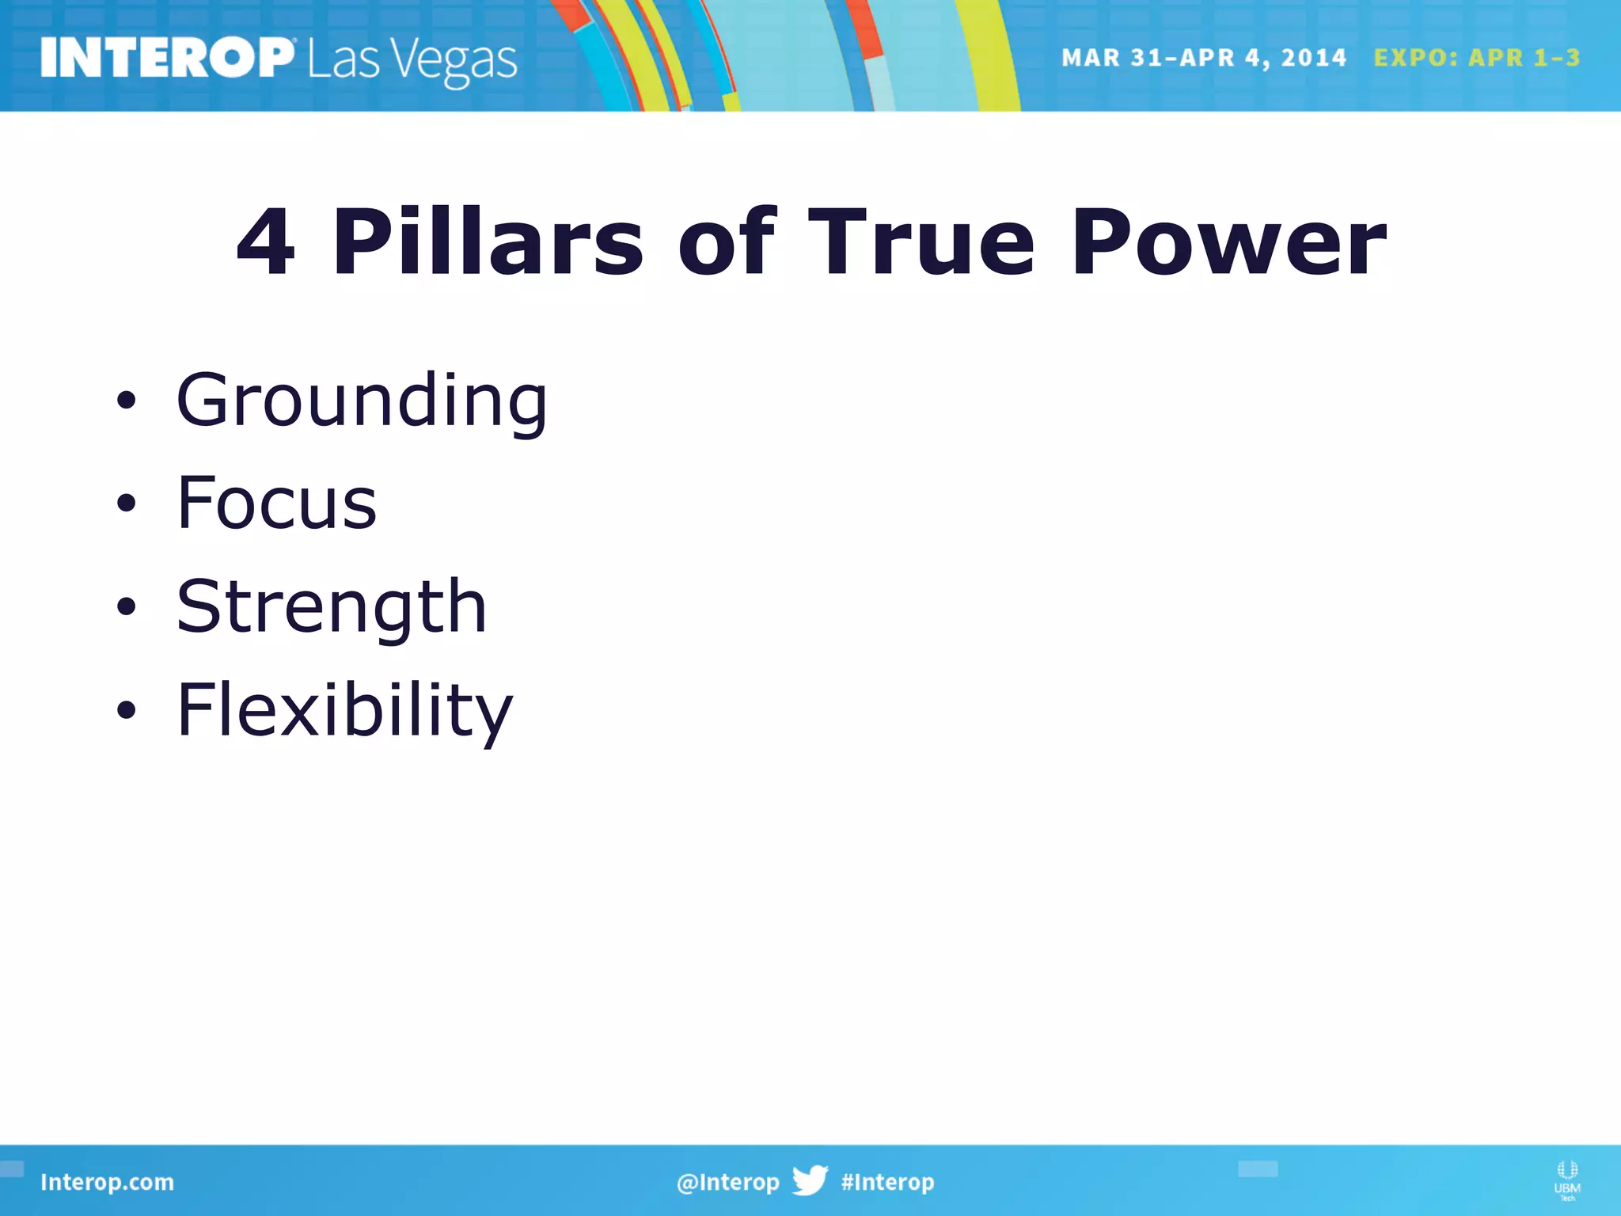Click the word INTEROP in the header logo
pyautogui.click(x=167, y=58)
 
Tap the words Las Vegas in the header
pyautogui.click(x=412, y=61)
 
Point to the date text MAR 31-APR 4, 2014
pyautogui.click(x=1203, y=58)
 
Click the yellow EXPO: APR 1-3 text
pyautogui.click(x=1476, y=58)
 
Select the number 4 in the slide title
pyautogui.click(x=266, y=242)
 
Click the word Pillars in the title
pyautogui.click(x=488, y=242)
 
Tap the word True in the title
pyautogui.click(x=921, y=242)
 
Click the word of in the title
pyautogui.click(x=727, y=242)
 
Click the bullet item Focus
pyautogui.click(x=276, y=503)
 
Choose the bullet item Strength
pyautogui.click(x=331, y=607)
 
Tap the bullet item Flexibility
pyautogui.click(x=344, y=710)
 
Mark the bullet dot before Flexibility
pyautogui.click(x=126, y=710)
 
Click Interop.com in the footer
pyautogui.click(x=107, y=1182)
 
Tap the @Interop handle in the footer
pyautogui.click(x=727, y=1182)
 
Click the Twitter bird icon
pyautogui.click(x=810, y=1180)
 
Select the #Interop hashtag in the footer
pyautogui.click(x=887, y=1182)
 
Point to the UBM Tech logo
pyautogui.click(x=1566, y=1180)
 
